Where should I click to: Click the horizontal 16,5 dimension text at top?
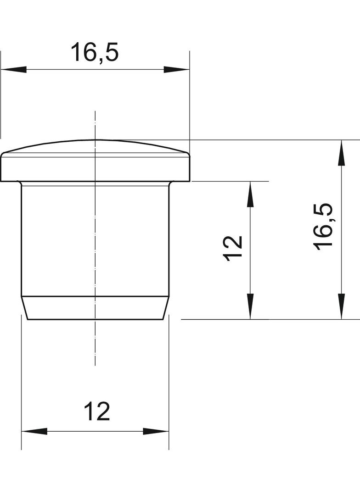(x=95, y=53)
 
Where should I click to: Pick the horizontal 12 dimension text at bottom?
(x=97, y=411)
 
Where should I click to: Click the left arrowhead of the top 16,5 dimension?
(x=13, y=70)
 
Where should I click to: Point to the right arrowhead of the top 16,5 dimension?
(x=177, y=70)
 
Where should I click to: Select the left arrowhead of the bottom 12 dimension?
(x=34, y=432)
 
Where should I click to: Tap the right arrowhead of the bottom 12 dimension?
(x=156, y=432)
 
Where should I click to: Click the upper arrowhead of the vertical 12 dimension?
(x=250, y=194)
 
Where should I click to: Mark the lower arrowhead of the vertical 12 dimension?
(x=250, y=306)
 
